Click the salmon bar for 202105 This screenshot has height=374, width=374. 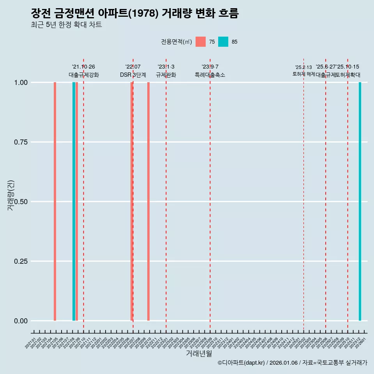55,201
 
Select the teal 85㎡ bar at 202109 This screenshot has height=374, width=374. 74,201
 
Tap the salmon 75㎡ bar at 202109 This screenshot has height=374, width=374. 77,201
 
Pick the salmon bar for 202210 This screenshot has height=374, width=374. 148,201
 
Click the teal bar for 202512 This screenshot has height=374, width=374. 360,201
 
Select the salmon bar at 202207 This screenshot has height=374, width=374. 132,201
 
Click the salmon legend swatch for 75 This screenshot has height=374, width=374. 201,42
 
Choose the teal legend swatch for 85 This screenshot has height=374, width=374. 223,42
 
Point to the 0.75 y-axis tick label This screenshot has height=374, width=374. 20,142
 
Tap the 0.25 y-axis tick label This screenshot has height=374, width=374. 20,261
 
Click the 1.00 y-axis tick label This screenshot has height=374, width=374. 20,83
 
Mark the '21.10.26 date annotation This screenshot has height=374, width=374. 83,67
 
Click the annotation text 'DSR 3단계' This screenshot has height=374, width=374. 133,75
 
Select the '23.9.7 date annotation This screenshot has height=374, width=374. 210,67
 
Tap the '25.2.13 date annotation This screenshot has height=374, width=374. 303,67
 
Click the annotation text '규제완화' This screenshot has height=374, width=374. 166,75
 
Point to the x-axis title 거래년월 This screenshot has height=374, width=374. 199,353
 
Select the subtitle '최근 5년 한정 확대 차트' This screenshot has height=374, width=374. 66,25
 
